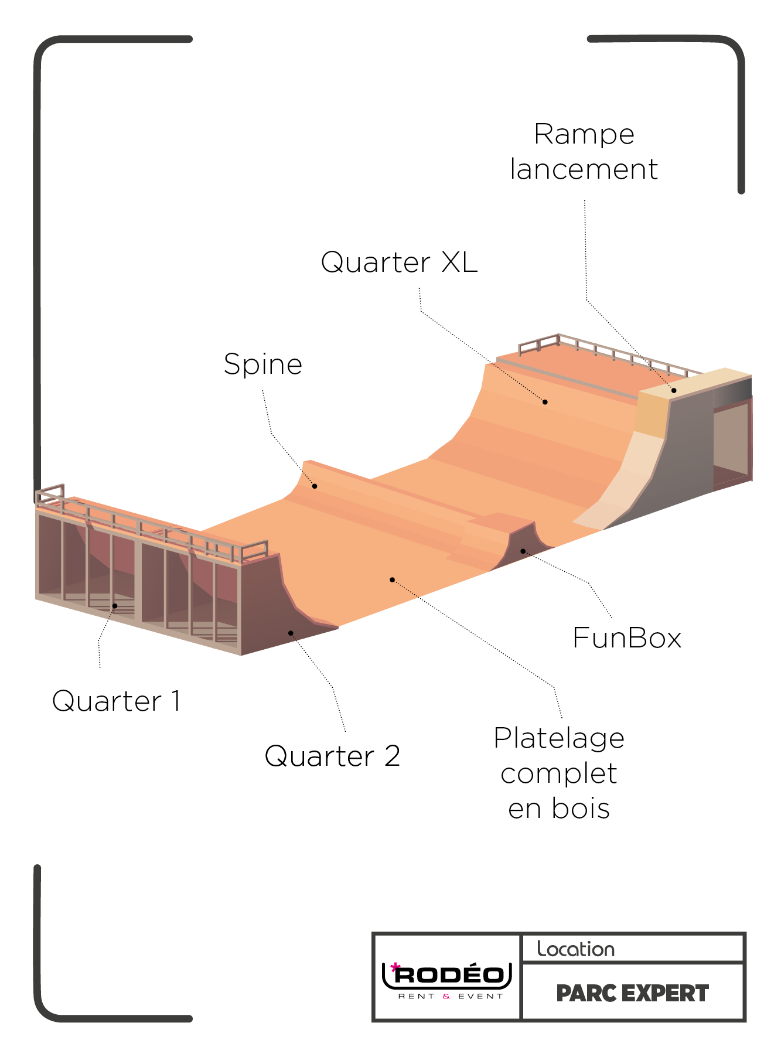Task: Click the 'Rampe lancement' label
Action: coord(584,152)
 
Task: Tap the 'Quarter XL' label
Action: coord(400,262)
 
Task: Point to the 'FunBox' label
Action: coord(627,638)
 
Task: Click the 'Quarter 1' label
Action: coord(117,701)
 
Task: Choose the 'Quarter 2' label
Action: coord(332,756)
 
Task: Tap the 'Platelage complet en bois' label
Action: coord(559,773)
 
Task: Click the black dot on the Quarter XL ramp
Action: coord(545,402)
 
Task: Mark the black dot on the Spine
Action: coord(315,486)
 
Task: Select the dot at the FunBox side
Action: coord(523,551)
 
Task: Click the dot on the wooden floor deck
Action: coord(393,580)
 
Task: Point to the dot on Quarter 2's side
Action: coord(291,633)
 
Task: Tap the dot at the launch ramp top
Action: coord(674,391)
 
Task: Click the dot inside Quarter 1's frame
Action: coord(115,606)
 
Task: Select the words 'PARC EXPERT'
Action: coord(632,994)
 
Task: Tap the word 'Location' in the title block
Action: coord(576,949)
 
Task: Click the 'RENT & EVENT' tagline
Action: coord(451,996)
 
